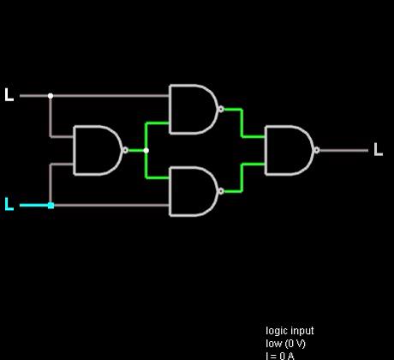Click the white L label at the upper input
[9, 95]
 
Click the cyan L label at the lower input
[9, 204]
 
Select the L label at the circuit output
[379, 149]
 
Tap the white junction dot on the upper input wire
[51, 96]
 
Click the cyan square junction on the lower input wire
[51, 206]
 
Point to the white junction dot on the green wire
[146, 150]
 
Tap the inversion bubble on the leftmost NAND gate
[125, 150]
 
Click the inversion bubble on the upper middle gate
[221, 109]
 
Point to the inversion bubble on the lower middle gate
[221, 191]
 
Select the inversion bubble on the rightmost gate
[317, 150]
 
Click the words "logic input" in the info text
[290, 331]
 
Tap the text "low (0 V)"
[285, 344]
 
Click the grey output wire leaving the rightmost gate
[343, 151]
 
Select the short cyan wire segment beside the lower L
[34, 205]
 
